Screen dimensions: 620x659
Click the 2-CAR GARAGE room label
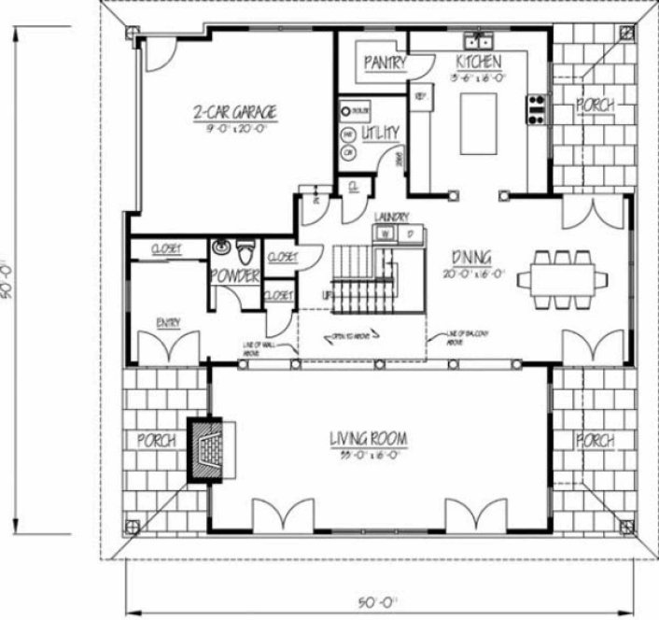click(x=234, y=113)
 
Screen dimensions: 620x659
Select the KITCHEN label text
click(x=479, y=62)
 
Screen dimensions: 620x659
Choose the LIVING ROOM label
click(x=372, y=438)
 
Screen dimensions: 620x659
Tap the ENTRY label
click(x=168, y=323)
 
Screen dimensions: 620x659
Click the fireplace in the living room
click(x=209, y=449)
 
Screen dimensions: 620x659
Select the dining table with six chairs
click(x=561, y=276)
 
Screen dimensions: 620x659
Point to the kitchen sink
click(x=480, y=41)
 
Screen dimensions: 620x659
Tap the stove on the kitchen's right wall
click(x=538, y=109)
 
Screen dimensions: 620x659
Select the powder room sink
click(x=220, y=248)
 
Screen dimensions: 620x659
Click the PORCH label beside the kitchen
click(x=595, y=105)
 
